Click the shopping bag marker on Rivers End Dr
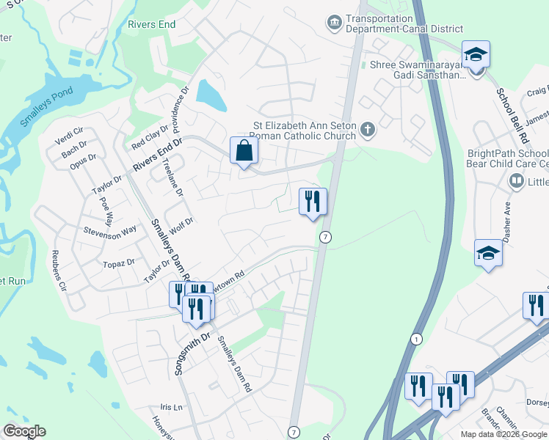point(244,152)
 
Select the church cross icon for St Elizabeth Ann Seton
point(368,130)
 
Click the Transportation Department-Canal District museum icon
point(335,23)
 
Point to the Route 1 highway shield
point(416,340)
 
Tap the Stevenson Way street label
point(109,233)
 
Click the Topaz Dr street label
point(120,262)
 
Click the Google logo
point(24,431)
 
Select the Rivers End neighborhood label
point(151,24)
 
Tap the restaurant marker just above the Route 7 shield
point(313,201)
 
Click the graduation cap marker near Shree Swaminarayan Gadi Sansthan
point(476,55)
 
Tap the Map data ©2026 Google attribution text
point(503,434)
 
